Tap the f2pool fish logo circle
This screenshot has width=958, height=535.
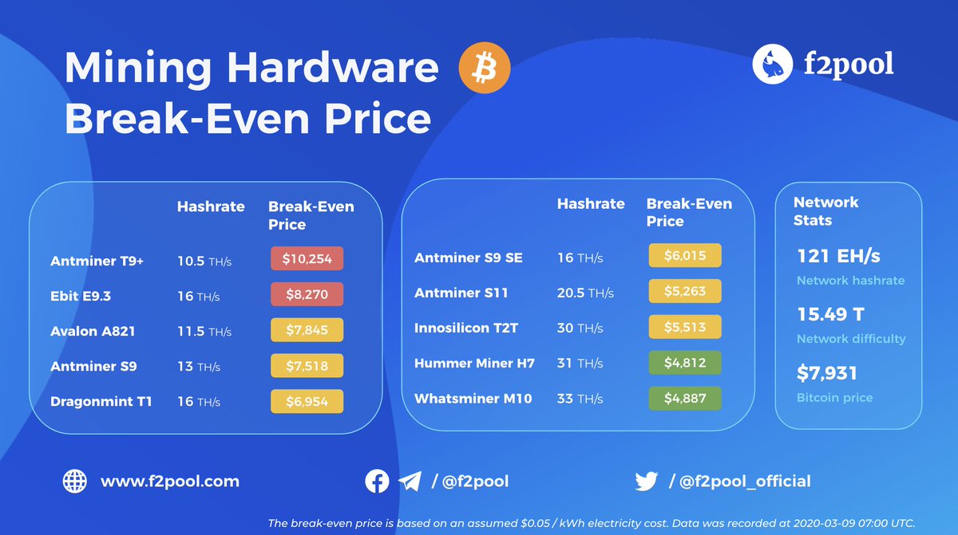click(773, 63)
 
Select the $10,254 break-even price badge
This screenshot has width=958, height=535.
click(307, 259)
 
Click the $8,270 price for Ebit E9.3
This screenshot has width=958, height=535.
click(307, 295)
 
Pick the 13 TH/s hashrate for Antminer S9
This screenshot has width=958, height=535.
click(198, 366)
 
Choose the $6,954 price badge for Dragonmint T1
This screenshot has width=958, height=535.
click(307, 401)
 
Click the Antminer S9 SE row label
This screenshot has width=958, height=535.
click(469, 257)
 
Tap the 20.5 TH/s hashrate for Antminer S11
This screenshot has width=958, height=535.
click(585, 293)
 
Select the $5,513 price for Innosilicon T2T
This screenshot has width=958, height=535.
click(685, 327)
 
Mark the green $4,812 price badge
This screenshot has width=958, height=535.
click(685, 363)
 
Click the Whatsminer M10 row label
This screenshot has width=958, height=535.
click(473, 398)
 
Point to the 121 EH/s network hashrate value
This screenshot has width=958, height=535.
click(838, 256)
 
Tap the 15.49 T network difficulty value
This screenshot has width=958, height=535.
click(830, 314)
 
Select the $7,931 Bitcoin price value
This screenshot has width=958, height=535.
click(827, 373)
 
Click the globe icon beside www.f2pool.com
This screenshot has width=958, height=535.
click(74, 482)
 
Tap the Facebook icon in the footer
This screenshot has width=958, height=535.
click(377, 482)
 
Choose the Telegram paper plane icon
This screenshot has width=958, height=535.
click(410, 482)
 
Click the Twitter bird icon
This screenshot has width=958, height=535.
click(646, 482)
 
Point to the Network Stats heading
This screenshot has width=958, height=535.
click(825, 210)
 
